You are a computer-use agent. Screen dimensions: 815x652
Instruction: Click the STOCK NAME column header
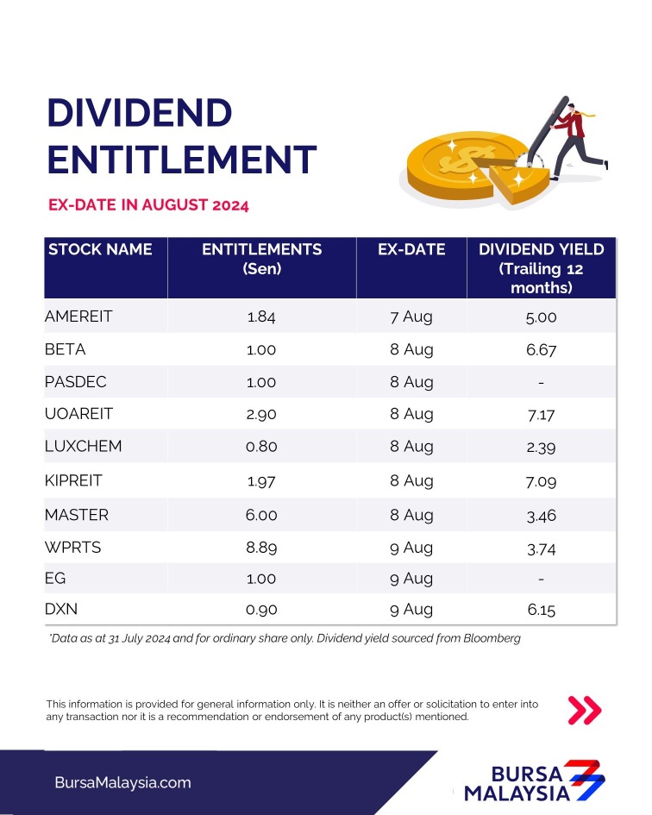point(100,250)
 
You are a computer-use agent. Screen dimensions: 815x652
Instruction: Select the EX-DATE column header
point(411,250)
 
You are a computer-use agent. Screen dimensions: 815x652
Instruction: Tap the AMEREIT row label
point(78,317)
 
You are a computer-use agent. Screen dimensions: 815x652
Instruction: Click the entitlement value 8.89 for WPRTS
point(261,547)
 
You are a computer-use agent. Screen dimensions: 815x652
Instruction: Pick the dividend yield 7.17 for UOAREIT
point(542,415)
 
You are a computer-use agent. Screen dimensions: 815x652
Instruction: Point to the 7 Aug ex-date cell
point(411,317)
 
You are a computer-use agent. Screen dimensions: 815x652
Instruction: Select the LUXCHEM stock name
point(84,447)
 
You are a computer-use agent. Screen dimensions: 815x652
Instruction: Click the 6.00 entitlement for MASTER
point(261,515)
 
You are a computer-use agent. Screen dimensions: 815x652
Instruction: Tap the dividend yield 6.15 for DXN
point(542,611)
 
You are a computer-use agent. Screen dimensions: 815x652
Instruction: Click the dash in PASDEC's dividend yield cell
point(542,382)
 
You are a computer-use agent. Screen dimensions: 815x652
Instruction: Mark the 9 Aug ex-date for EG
point(411,579)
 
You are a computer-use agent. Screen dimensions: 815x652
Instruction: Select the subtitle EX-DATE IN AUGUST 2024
point(148,205)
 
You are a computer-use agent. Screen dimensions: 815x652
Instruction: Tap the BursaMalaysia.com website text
point(122,783)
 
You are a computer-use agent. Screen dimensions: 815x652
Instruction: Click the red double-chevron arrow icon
point(585,710)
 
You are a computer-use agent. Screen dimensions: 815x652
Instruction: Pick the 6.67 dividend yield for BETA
point(542,350)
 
